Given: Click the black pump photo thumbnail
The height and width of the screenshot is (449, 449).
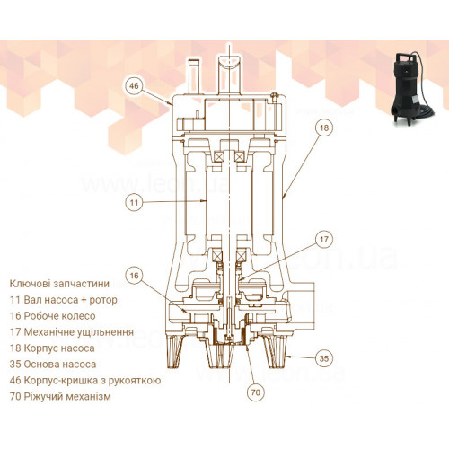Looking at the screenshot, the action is tap(411, 87).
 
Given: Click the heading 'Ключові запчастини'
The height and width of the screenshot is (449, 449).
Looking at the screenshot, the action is tap(59, 284).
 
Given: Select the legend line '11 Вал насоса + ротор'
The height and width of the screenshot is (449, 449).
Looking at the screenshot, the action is tap(64, 300).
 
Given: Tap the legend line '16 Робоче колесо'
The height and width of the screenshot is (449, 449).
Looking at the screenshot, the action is tap(53, 316).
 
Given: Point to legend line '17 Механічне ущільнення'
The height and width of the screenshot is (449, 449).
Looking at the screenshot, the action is tap(72, 332).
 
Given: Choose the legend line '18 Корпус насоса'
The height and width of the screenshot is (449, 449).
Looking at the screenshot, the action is tap(52, 348).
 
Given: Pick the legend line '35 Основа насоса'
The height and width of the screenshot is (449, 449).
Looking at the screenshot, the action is tap(53, 365).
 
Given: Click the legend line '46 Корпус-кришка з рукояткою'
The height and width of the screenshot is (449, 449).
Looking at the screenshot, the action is tap(85, 381).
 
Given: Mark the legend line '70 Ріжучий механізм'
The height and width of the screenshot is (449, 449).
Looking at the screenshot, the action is tap(60, 397).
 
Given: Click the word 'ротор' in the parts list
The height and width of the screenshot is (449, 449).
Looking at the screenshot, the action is tap(103, 301).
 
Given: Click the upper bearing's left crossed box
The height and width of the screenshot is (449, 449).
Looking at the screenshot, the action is tap(217, 156).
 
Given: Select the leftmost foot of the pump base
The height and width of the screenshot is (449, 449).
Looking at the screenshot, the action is tap(175, 351).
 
